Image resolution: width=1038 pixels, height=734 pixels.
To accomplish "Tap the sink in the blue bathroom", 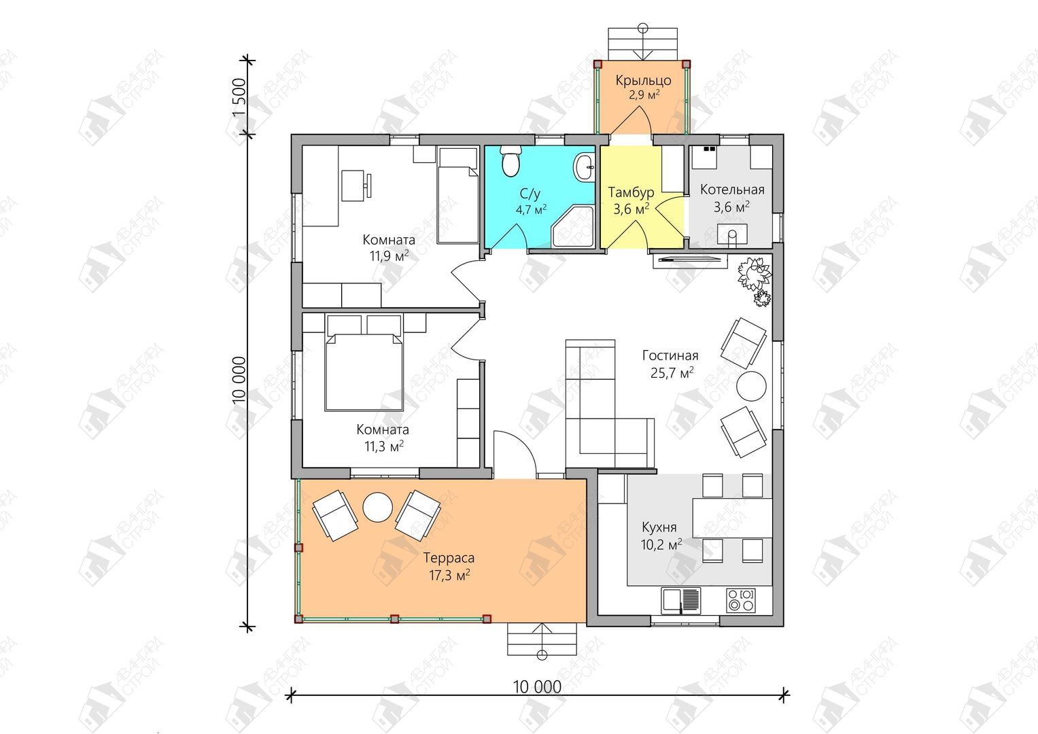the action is coord(585,167).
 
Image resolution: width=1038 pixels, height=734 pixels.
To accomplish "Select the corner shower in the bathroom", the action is coord(573,228).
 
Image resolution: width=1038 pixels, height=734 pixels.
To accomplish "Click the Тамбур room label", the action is coord(631,192).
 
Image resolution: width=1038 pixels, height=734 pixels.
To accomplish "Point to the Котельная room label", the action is coord(732,190).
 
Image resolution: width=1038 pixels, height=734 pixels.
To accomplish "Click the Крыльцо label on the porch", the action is coord(643,80).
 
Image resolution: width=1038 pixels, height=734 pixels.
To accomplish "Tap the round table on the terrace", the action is coord(378,507).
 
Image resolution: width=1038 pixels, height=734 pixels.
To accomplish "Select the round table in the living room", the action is coord(751,385).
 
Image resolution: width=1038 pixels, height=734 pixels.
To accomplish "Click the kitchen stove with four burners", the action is coord(740,601).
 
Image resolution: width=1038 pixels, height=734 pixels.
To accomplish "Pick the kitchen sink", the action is coord(680,601).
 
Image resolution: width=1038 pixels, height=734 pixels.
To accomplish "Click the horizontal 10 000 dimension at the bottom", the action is coord(537,686).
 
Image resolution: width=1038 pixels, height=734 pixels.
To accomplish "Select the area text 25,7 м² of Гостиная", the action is coord(672,372).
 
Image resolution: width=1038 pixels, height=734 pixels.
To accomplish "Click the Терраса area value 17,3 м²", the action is coord(449,576).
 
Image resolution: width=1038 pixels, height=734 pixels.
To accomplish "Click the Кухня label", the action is coord(659,527).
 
